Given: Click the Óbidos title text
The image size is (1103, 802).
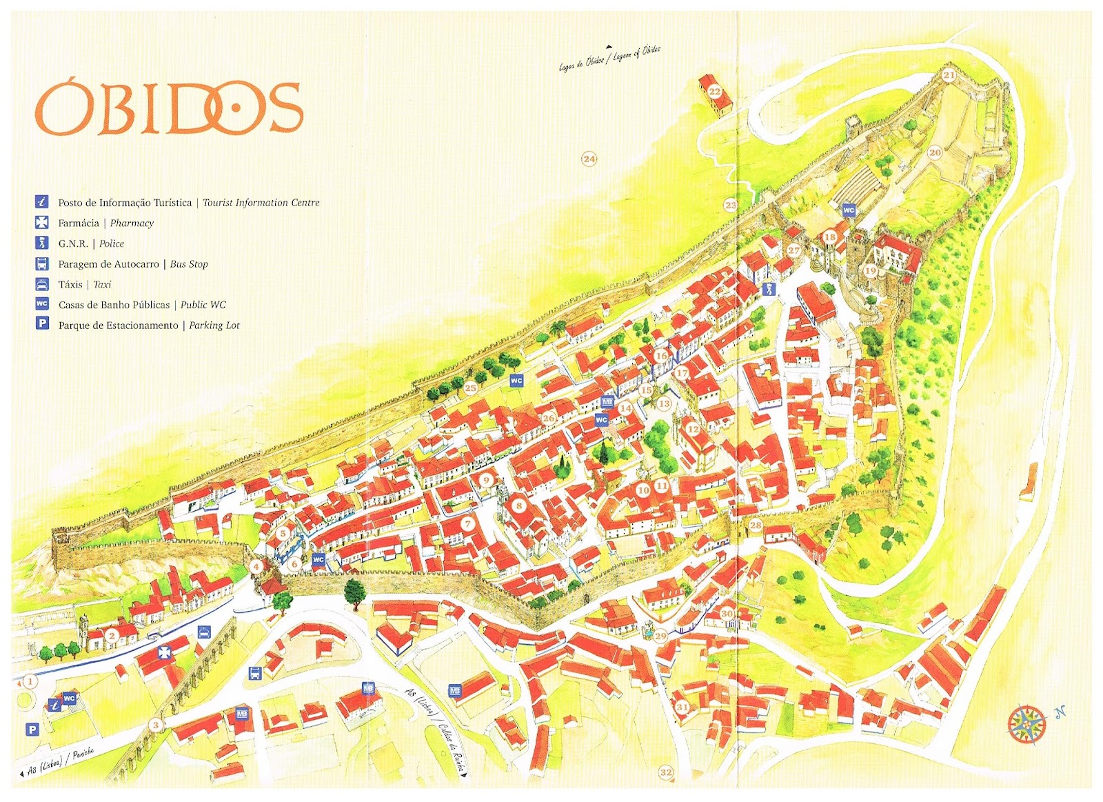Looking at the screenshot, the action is tap(169, 109).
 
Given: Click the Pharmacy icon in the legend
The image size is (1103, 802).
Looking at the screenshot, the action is tap(42, 223).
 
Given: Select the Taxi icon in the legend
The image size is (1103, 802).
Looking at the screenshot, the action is tap(42, 284).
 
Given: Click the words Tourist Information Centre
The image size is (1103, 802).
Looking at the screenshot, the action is tap(261, 203).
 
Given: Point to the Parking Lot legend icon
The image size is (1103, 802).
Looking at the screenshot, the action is tap(42, 324).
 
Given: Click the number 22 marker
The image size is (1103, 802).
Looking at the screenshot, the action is tap(715, 92).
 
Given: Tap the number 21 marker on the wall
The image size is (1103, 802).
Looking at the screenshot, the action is tap(949, 75).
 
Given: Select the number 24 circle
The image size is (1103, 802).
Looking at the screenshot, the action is tap(589, 159).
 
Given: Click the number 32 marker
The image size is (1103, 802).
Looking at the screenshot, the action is tap(665, 772).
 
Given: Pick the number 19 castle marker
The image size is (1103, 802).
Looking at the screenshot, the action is tap(870, 271).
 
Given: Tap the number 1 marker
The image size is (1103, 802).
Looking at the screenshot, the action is tap(30, 682).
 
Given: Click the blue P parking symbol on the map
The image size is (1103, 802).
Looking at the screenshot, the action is tap(32, 730).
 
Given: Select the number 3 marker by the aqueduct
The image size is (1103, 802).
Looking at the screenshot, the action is tap(156, 725).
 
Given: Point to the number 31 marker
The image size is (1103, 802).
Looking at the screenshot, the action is tap(682, 707).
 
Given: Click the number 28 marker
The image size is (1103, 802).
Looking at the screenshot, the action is tap(756, 525).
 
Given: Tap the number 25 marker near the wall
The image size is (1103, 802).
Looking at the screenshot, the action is tap(470, 388).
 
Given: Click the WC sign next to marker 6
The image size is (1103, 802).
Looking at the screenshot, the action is tap(318, 560).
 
